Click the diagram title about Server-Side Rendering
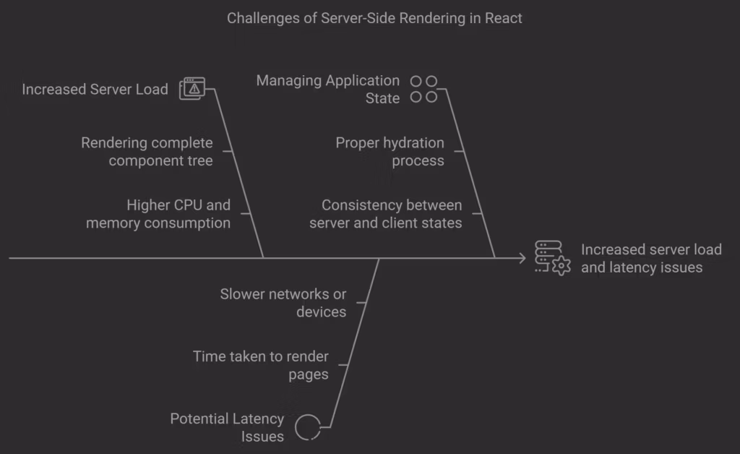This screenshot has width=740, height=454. pos(374,18)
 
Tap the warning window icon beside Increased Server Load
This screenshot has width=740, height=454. pos(192,88)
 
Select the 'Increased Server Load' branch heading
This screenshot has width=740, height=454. pos(95,90)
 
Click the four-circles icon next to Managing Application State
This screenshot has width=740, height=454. pos(423,89)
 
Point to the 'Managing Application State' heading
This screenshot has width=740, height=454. pos(327,89)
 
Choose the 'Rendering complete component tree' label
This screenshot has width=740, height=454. pos(147,151)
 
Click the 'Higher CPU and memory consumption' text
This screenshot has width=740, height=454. pos(158,214)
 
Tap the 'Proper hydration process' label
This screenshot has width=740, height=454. pos(390,151)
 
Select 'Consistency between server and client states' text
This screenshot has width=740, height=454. pos(385,214)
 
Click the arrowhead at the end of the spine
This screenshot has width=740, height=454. pos(521,257)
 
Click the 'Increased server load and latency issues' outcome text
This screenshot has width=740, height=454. pos(651,258)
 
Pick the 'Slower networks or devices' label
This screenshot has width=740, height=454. pos(283,303)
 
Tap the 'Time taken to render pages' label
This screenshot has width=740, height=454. pos(261,365)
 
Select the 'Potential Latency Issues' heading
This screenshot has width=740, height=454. pos(227,427)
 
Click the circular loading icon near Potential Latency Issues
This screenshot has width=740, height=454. pos(308,427)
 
